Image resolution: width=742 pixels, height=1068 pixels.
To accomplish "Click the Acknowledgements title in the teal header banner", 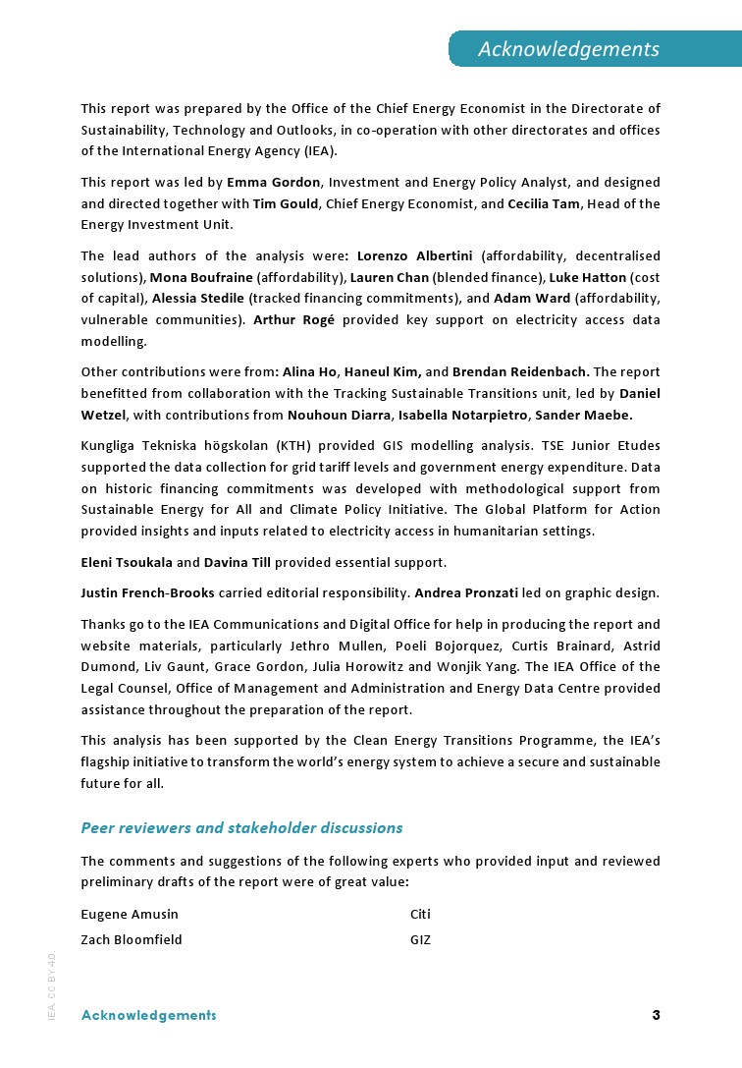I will pyautogui.click(x=568, y=49).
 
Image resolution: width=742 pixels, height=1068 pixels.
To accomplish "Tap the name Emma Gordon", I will pyautogui.click(x=274, y=183).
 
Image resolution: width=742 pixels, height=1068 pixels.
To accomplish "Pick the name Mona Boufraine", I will pyautogui.click(x=201, y=277).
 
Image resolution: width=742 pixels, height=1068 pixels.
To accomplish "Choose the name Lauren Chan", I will pyautogui.click(x=390, y=277).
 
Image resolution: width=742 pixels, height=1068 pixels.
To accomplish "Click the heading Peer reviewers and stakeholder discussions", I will pyautogui.click(x=241, y=828).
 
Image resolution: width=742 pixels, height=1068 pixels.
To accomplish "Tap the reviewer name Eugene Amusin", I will pyautogui.click(x=130, y=915).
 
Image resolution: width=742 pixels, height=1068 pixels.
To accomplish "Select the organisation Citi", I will pyautogui.click(x=420, y=915).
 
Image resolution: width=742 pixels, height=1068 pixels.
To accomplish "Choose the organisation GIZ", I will pyautogui.click(x=420, y=940).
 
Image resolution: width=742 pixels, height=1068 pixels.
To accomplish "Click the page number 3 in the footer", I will pyautogui.click(x=656, y=1015).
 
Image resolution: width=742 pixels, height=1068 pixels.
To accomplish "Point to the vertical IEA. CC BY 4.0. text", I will pyautogui.click(x=52, y=984).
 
